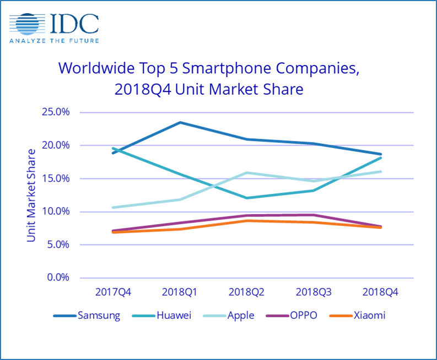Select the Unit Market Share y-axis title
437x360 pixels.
pos(31,195)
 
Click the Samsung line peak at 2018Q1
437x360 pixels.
pos(180,122)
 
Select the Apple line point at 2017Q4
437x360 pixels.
pos(113,208)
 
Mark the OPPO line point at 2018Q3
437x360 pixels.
pos(313,215)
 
